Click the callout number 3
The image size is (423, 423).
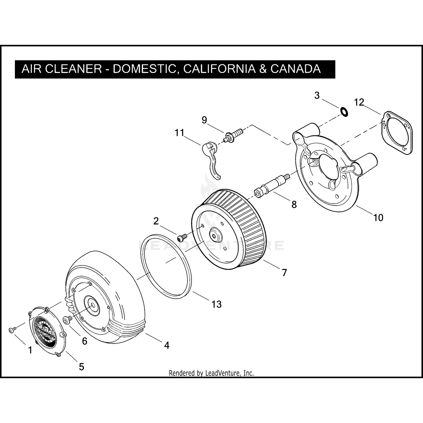point(317,96)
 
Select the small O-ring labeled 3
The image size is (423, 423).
point(344,111)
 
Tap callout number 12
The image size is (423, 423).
point(359,102)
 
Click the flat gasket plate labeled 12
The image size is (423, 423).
point(397,133)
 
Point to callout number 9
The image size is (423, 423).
point(204,120)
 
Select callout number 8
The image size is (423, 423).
point(294,204)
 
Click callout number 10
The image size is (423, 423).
point(378,218)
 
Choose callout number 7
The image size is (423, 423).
point(284,273)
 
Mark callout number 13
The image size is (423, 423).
point(217,304)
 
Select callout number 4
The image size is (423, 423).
point(167,345)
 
